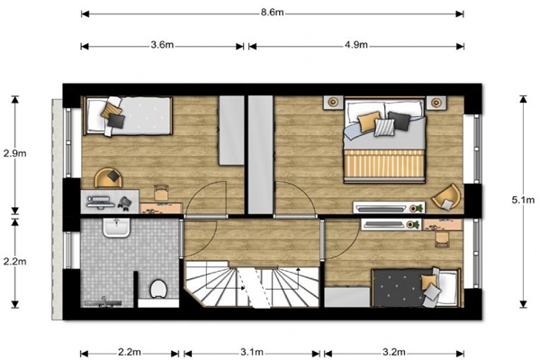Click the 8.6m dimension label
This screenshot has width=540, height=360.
tap(272, 13)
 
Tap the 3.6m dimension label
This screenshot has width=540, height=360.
tap(162, 45)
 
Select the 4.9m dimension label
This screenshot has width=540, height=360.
tap(356, 45)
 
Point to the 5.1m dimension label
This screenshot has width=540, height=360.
tap(523, 200)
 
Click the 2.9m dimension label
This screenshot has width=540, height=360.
tap(14, 153)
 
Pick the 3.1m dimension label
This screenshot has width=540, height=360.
tap(252, 353)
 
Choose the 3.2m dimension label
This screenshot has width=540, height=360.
tap(394, 353)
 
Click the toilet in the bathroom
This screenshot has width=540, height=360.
tap(158, 289)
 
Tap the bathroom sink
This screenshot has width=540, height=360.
tap(116, 228)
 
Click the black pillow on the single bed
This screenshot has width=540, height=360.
tap(116, 121)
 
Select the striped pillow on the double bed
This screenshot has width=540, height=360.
tap(384, 127)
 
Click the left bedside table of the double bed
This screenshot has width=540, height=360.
tap(333, 103)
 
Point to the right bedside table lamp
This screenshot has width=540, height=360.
tap(436, 103)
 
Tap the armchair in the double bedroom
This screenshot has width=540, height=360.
tap(446, 197)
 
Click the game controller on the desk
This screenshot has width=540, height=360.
tap(124, 202)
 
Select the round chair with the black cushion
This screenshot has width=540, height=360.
tap(108, 178)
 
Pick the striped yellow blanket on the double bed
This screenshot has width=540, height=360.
tap(384, 164)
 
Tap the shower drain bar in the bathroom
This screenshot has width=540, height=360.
tap(103, 303)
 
